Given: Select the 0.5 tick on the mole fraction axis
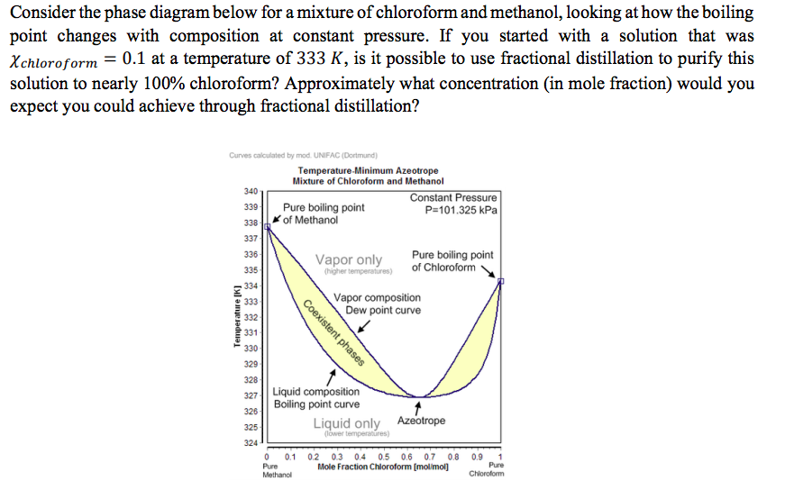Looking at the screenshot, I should (384, 456).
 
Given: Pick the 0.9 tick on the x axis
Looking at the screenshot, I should (478, 456).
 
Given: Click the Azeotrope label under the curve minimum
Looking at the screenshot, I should (421, 421).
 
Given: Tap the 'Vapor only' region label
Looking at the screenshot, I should (348, 260).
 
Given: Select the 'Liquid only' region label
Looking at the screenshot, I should (347, 423).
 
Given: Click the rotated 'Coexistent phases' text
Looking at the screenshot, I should (333, 333).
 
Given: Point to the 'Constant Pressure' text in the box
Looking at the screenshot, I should (452, 198).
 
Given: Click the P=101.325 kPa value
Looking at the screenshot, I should (461, 211).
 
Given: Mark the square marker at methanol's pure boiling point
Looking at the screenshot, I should (267, 227).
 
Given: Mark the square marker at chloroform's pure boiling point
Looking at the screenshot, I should (501, 282).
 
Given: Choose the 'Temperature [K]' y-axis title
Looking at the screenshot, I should (237, 315).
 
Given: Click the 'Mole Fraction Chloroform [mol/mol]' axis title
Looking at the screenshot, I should (383, 467).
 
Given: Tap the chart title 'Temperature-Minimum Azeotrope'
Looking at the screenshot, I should (368, 171).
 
